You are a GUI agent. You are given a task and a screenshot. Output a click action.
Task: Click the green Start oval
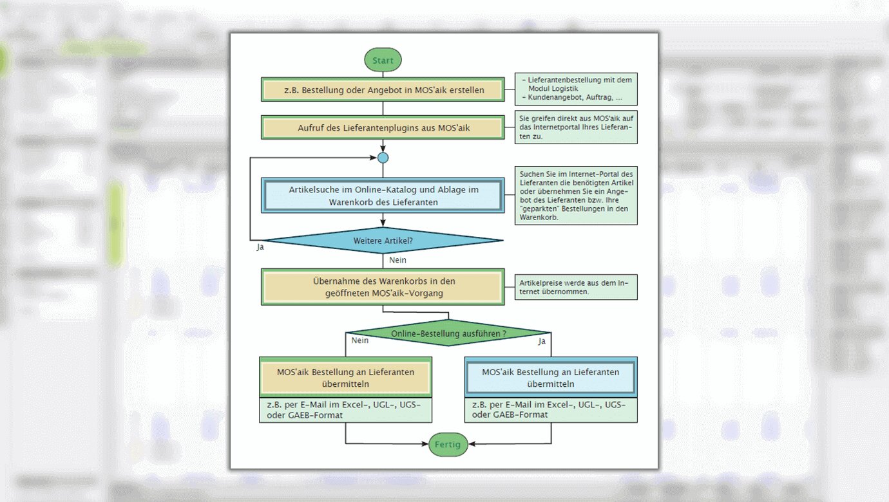click(383, 60)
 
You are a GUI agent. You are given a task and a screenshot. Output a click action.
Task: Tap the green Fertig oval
click(448, 444)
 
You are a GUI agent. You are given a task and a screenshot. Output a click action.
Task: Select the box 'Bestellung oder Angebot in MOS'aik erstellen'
click(383, 90)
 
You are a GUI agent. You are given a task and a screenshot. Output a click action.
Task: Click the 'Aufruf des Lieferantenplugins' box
click(383, 127)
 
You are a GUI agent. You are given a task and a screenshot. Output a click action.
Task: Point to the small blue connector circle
click(383, 158)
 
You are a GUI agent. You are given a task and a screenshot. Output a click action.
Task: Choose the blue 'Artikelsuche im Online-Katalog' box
click(383, 196)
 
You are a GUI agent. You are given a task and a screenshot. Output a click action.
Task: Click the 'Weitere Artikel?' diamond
click(383, 241)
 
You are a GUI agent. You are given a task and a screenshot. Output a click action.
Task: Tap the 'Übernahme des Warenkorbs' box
click(383, 287)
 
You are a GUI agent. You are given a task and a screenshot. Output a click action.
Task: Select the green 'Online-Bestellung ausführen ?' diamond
click(448, 333)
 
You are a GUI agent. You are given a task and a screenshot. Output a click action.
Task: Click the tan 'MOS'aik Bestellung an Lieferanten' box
click(345, 378)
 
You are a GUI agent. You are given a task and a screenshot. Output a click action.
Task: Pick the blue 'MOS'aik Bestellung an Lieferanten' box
click(551, 378)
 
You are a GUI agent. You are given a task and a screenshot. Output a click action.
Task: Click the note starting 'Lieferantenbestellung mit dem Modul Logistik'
click(577, 89)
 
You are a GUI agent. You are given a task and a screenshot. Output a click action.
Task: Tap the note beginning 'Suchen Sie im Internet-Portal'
click(577, 196)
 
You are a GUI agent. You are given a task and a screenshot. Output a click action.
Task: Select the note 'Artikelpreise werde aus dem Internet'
click(577, 287)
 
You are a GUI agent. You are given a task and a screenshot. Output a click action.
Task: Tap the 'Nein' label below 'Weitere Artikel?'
click(398, 260)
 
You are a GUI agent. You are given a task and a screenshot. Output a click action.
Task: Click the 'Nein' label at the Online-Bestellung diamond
click(359, 340)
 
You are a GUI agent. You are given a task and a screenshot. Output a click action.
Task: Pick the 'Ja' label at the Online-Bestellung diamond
click(542, 341)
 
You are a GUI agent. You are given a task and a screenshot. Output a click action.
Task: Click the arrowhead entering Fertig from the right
click(472, 444)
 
